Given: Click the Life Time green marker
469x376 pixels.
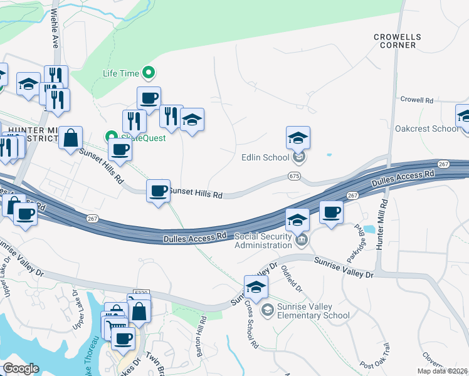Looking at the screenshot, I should [x=149, y=73].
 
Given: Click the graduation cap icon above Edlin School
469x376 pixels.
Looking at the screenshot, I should [x=298, y=137].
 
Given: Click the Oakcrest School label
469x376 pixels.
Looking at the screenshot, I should [x=427, y=128].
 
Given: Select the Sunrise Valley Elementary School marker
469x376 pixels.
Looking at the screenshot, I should [x=268, y=310].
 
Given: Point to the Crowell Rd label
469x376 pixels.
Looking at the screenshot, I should [x=417, y=100].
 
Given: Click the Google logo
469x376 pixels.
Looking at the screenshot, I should [x=21, y=368].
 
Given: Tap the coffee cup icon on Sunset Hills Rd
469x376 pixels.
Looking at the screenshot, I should [x=158, y=190].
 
